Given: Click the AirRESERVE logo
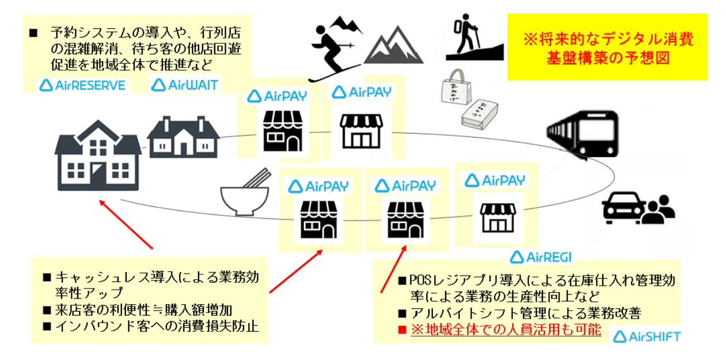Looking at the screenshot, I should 82,85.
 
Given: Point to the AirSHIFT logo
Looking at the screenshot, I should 645,336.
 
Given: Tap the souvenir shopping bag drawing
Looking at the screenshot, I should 455,92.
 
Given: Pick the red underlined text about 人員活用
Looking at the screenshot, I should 505,330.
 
